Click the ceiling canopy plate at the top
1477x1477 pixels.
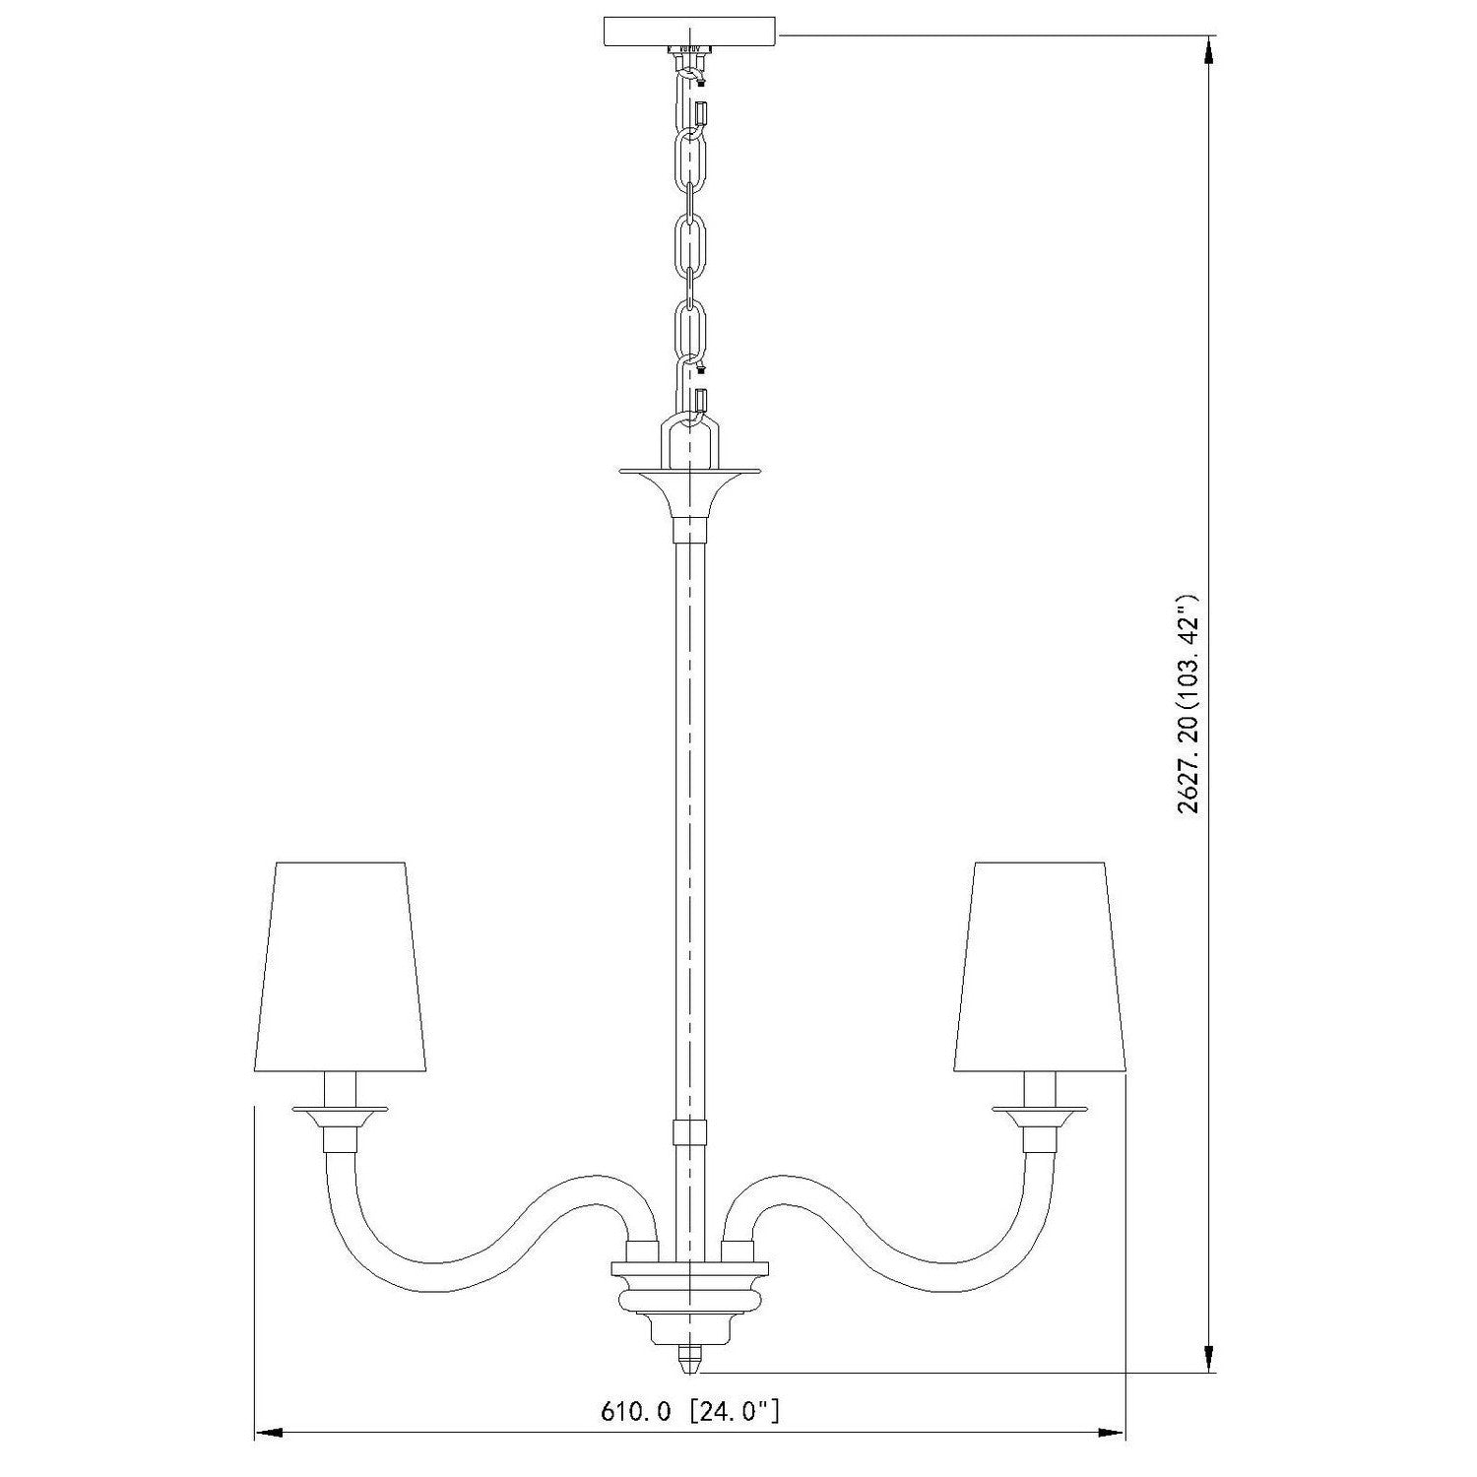tap(688, 31)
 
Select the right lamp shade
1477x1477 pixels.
tap(1038, 967)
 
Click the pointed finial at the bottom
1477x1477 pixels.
tap(689, 1361)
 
